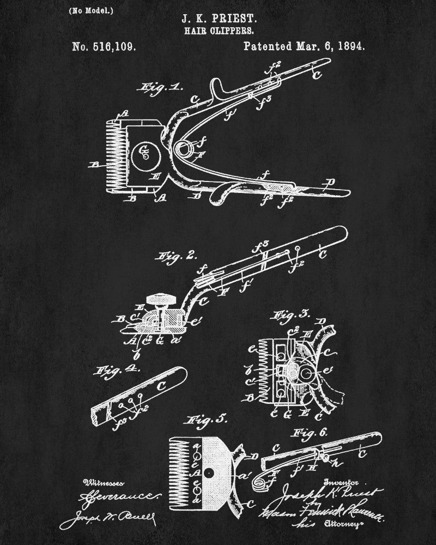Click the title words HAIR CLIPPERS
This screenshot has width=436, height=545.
pyautogui.click(x=217, y=32)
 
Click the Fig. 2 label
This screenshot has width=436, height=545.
pyautogui.click(x=169, y=256)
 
